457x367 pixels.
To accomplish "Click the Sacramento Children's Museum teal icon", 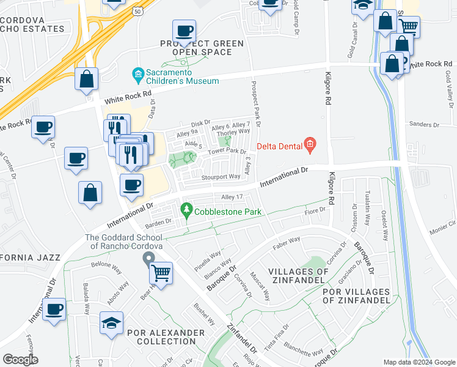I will tap(138, 75).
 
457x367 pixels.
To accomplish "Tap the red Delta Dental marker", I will tap(310, 145).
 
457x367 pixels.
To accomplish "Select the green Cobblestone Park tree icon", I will tap(187, 212).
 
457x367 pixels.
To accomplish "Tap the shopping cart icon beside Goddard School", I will tap(161, 272).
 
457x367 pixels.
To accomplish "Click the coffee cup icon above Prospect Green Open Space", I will tap(184, 30).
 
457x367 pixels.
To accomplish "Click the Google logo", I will tap(20, 360).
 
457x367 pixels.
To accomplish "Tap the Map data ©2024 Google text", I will tap(419, 362).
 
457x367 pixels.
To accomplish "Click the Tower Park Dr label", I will tap(227, 151).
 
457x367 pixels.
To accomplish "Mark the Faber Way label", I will tap(287, 240).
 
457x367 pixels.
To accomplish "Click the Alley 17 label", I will tap(232, 197).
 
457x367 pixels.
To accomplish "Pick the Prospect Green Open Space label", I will tap(202, 48).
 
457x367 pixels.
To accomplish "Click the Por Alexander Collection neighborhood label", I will tap(166, 337).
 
